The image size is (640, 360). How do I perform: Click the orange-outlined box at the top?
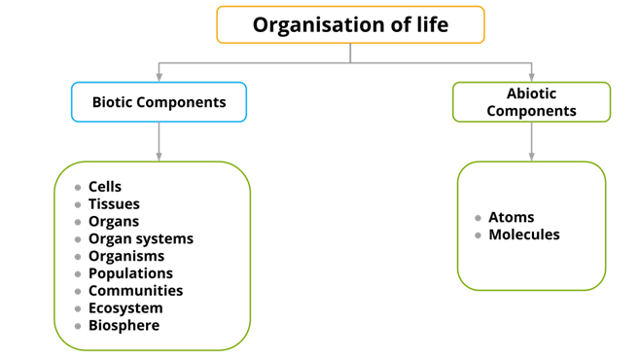point(350,24)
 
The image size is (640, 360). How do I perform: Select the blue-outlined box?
point(159,102)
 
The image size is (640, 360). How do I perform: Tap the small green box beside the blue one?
point(531,102)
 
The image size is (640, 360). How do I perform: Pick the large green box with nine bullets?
point(152,256)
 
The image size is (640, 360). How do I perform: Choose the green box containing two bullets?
point(531,226)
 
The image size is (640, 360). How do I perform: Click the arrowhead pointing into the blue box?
point(159,76)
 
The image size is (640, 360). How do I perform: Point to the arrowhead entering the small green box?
point(531,76)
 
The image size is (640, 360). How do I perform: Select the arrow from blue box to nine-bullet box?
point(159,142)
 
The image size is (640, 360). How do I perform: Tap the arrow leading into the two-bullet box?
point(531,142)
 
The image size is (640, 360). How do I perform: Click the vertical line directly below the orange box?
point(350,53)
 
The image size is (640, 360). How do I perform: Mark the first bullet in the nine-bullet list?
point(78,188)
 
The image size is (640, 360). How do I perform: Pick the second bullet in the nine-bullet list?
point(78,205)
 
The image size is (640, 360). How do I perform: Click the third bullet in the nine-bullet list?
point(78,222)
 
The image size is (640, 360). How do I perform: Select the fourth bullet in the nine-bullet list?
point(78,239)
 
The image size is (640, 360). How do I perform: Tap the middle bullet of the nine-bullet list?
point(78,257)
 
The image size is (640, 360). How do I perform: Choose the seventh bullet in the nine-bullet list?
point(78,291)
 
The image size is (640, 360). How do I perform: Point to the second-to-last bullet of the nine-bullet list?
point(78,308)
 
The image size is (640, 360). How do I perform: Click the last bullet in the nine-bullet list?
point(78,326)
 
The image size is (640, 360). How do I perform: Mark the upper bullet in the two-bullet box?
point(478,218)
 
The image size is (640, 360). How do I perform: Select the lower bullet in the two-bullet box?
point(478,235)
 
